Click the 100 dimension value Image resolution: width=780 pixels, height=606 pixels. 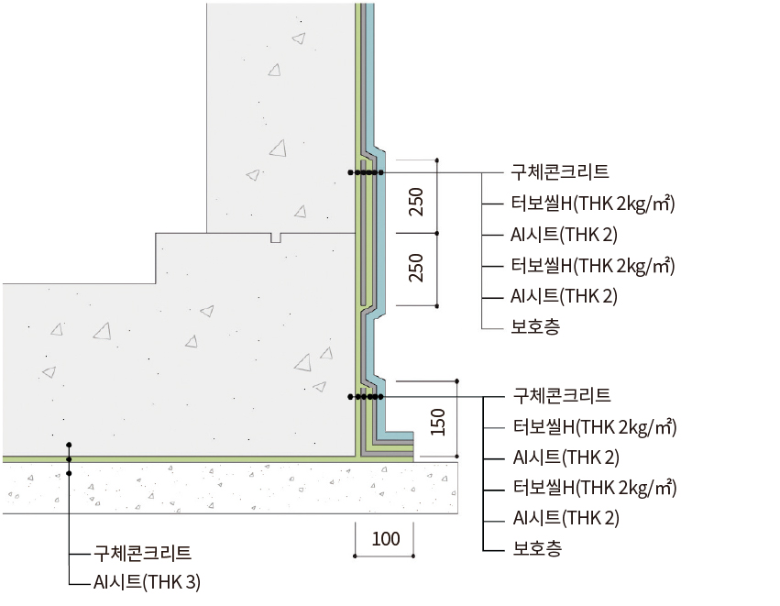pyautogui.click(x=386, y=539)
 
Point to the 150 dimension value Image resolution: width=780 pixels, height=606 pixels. pyautogui.click(x=437, y=422)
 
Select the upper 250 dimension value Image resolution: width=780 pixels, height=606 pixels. pyautogui.click(x=416, y=202)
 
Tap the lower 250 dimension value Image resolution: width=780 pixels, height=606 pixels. pyautogui.click(x=416, y=268)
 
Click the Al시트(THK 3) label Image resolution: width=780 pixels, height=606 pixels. pyautogui.click(x=147, y=582)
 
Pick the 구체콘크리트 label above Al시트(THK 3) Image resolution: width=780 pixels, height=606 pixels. pyautogui.click(x=142, y=553)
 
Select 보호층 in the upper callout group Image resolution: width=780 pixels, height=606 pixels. pyautogui.click(x=535, y=326)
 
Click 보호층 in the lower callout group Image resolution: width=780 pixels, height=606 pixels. pyautogui.click(x=537, y=548)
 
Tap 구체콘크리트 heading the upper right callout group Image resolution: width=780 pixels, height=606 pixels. pyautogui.click(x=560, y=171)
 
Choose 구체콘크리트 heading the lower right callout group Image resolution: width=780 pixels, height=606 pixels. pyautogui.click(x=562, y=395)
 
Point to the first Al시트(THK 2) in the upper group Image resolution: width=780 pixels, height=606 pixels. pyautogui.click(x=564, y=235)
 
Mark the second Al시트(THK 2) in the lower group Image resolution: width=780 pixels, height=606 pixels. pyautogui.click(x=566, y=518)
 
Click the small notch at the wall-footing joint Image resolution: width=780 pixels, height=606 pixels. pyautogui.click(x=276, y=237)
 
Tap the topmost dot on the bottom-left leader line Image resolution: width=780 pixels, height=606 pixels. pyautogui.click(x=69, y=445)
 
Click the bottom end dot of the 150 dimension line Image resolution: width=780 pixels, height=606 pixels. pyautogui.click(x=457, y=457)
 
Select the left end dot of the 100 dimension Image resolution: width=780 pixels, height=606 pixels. pyautogui.click(x=356, y=556)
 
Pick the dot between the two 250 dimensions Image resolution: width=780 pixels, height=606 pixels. pyautogui.click(x=437, y=233)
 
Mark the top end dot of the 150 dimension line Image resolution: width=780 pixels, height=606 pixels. pyautogui.click(x=457, y=381)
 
